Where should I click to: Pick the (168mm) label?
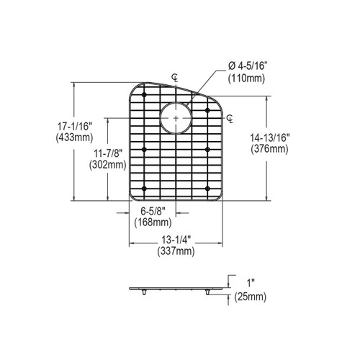(x=153, y=222)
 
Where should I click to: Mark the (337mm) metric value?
(x=176, y=251)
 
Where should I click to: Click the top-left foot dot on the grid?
(x=145, y=95)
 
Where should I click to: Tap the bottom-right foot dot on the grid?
(x=207, y=190)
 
